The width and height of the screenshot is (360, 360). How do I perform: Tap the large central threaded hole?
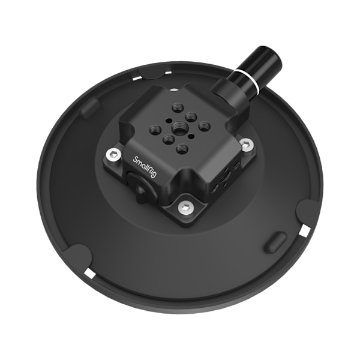point(178,126)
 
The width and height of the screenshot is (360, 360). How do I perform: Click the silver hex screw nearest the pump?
point(247,145)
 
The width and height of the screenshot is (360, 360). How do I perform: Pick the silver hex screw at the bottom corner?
point(185,208)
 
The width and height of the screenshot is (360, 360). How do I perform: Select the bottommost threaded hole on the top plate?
point(182,149)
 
